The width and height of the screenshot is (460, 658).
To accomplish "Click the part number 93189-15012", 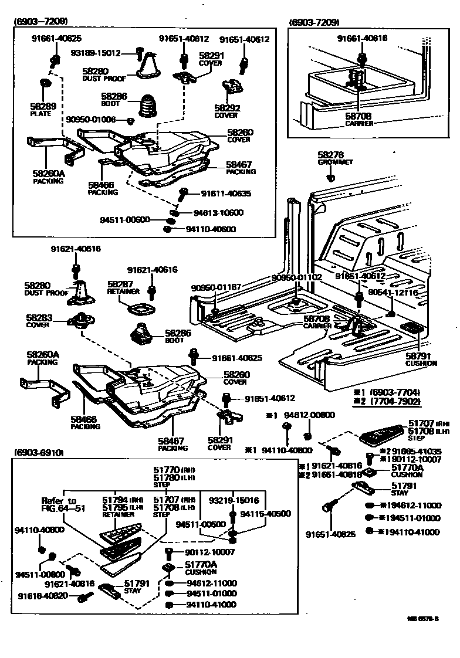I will (95, 53).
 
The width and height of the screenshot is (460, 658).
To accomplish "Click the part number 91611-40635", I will (226, 193).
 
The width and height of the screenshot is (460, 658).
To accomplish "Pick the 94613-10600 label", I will (218, 212).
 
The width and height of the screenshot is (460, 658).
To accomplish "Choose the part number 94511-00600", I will (125, 220).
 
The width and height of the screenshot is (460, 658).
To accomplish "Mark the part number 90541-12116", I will (393, 292).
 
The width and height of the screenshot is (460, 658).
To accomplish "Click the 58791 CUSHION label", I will (421, 359).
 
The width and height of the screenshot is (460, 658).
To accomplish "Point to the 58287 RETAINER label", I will (123, 287).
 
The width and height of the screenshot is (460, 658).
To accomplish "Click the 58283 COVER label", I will (39, 320).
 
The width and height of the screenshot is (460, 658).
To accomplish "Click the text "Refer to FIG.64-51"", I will (59, 504).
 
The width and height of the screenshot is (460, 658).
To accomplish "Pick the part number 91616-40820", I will (43, 596).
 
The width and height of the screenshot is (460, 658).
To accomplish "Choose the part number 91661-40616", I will (362, 38).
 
